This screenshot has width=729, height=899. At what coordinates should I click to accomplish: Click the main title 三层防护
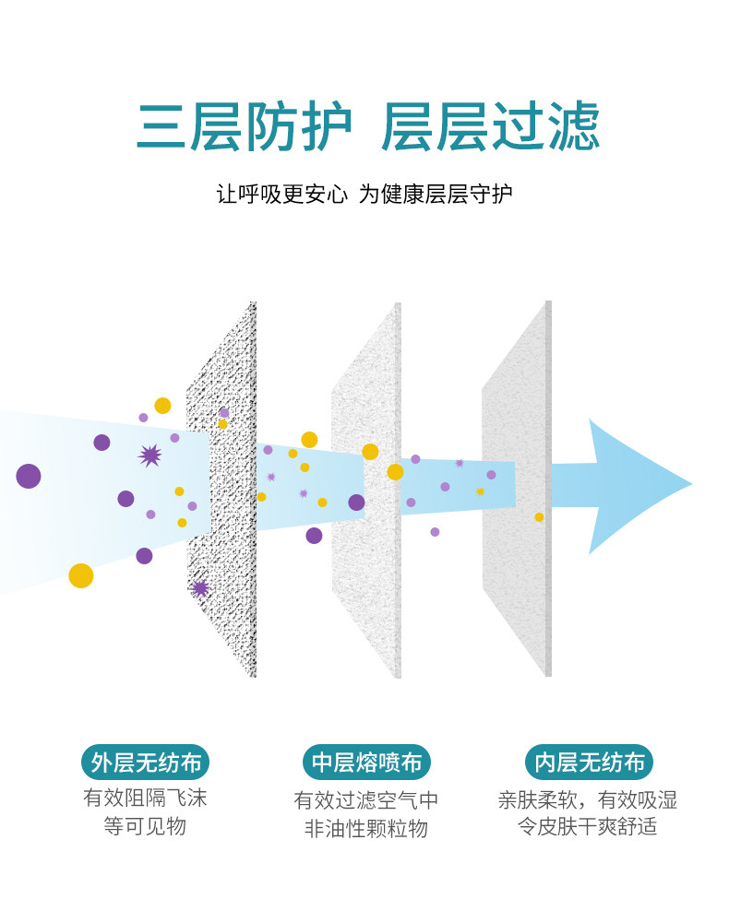point(245,126)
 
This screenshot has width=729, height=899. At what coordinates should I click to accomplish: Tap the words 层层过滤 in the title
point(490,126)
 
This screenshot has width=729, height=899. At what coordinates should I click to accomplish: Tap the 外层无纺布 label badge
point(145,763)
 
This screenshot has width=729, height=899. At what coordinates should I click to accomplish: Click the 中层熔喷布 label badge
point(366,763)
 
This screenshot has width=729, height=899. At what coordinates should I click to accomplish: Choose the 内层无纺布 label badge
point(589,763)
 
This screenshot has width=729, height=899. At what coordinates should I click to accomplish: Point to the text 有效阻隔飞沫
point(145,798)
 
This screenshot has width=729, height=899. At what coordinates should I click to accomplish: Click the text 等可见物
point(145,825)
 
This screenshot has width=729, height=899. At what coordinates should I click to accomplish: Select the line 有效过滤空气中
point(366,799)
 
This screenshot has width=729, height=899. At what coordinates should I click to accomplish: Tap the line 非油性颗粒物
point(366,828)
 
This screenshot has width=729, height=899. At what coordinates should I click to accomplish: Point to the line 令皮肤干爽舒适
point(588,825)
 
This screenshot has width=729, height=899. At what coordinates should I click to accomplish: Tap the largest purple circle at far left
point(29,476)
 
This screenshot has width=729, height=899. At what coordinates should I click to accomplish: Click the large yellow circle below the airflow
point(81,575)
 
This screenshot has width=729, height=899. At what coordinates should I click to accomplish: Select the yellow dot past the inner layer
point(539,517)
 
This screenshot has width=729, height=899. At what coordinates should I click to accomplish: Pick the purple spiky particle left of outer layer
point(149,455)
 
